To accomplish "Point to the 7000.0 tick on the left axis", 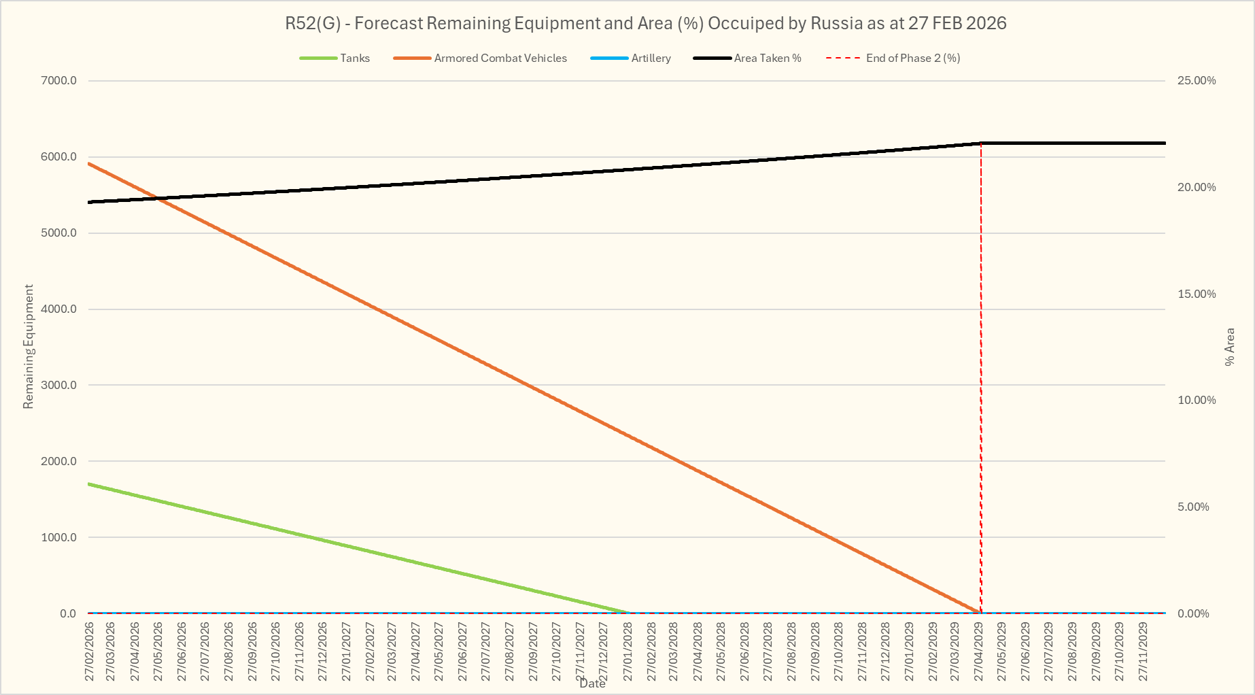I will (59, 81).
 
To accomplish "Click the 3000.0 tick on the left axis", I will (59, 386).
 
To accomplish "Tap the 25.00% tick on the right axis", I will (1197, 81).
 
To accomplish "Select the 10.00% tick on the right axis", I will (1197, 401).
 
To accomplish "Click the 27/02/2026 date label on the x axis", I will (90, 651).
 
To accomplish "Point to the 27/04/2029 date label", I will (979, 651).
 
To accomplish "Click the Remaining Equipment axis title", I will (29, 347).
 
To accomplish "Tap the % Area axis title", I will (1229, 347).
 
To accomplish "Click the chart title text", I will (645, 23).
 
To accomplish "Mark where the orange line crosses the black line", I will (157, 199).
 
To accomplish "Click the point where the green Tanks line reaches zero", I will (629, 613).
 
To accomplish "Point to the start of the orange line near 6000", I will (89, 164).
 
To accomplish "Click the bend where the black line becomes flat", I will (981, 143).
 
